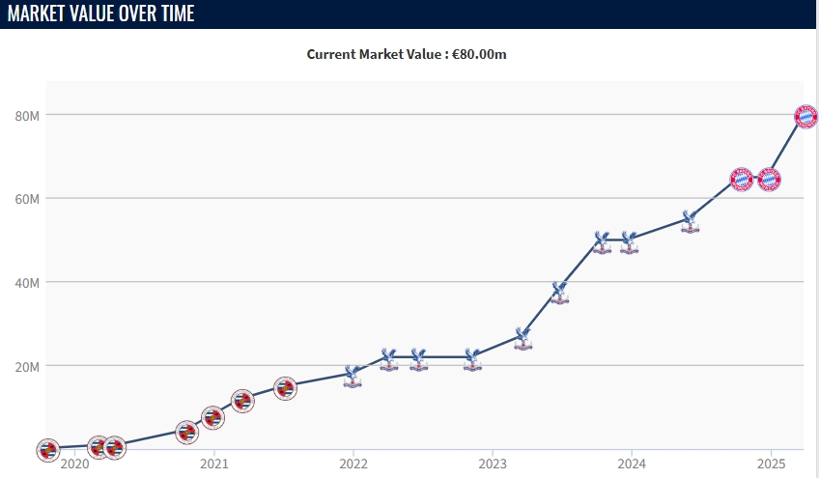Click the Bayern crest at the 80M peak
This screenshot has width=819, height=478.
pyautogui.click(x=805, y=116)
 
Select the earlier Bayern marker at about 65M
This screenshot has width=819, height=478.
pyautogui.click(x=741, y=179)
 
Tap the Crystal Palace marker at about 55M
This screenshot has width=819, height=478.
pyautogui.click(x=690, y=221)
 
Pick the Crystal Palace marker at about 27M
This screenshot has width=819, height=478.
pyautogui.click(x=522, y=337)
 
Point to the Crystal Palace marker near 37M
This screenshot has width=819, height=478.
pyautogui.click(x=559, y=293)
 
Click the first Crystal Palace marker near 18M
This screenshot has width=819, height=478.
pyautogui.click(x=353, y=376)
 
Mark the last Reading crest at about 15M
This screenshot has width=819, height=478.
pyautogui.click(x=285, y=388)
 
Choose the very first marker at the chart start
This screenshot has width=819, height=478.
pyautogui.click(x=47, y=450)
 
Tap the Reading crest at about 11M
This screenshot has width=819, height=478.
pyautogui.click(x=242, y=401)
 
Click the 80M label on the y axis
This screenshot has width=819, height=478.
pyautogui.click(x=27, y=116)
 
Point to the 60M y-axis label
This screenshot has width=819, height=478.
pyautogui.click(x=27, y=199)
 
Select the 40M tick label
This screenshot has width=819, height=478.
pyautogui.click(x=27, y=283)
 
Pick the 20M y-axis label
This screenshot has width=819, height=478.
pyautogui.click(x=27, y=366)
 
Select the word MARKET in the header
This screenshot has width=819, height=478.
pyautogui.click(x=40, y=14)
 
